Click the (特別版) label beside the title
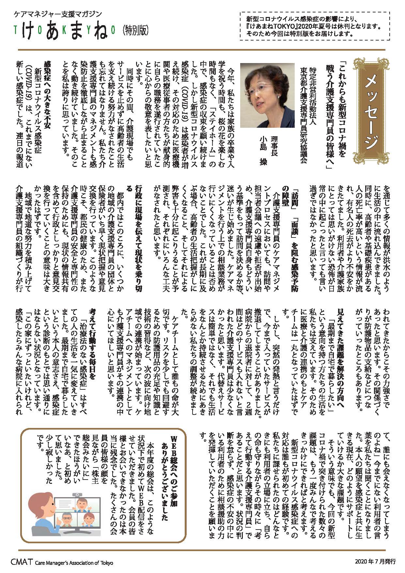click(x=136, y=30)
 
